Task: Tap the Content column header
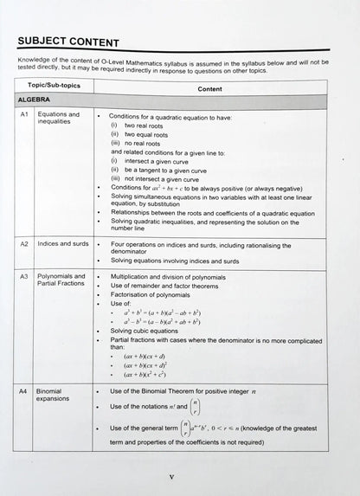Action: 209,88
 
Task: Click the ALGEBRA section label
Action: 35,100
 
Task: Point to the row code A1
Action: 25,115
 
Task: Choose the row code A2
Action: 25,245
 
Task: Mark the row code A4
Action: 24,393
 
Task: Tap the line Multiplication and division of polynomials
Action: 171,277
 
